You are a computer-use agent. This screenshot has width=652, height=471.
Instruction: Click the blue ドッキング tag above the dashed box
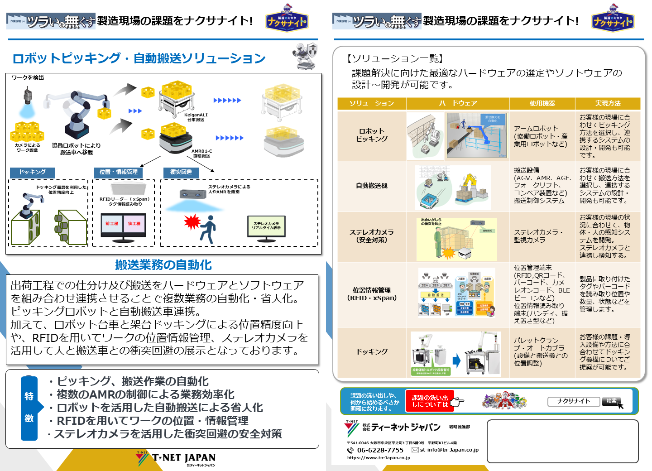coord(32,172)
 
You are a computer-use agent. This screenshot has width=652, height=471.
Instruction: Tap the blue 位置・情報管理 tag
coord(119,172)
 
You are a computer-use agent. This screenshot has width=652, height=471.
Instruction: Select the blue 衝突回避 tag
coord(181,172)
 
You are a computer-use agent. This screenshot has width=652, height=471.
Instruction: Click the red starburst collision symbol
coord(192,222)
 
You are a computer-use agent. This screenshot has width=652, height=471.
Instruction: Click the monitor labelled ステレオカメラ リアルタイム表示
coord(266,226)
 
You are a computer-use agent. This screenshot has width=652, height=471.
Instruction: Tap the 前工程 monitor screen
coord(112,224)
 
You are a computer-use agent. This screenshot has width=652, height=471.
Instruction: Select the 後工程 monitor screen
coord(134,224)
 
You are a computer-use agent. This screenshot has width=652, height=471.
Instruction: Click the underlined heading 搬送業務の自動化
coord(163,265)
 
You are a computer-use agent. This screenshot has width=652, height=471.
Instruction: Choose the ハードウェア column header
coord(458,103)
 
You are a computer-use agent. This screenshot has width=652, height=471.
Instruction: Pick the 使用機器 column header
coord(542,103)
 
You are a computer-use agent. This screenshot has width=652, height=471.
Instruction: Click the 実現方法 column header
coord(608,103)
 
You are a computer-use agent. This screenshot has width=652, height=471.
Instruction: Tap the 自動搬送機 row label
coord(372,186)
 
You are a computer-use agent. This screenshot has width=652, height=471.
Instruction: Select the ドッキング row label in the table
coord(372,351)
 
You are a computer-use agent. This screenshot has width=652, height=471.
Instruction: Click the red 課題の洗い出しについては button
coord(430,401)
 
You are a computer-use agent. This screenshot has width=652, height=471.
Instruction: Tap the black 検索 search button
coord(612,401)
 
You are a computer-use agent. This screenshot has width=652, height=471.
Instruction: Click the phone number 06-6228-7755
coord(380,450)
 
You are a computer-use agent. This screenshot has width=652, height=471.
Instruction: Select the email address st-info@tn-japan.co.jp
coord(449,450)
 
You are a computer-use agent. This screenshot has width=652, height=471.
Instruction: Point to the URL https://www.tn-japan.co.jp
coord(379,458)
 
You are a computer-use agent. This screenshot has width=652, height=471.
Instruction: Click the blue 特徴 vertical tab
coord(29,408)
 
